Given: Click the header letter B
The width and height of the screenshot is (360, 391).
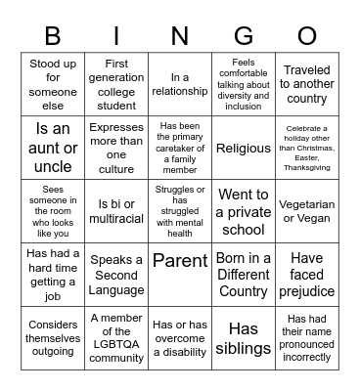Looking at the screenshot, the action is tap(53, 36).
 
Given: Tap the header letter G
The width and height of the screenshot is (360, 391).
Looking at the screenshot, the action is tap(244, 36).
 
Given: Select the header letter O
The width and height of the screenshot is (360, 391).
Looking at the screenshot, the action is tap(307, 36).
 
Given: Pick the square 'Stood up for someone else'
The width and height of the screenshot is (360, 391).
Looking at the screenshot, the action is tap(53, 84).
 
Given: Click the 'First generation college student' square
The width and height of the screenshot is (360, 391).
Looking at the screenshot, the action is tap(116, 84).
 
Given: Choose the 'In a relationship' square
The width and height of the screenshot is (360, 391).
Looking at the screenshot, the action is tap(180, 84).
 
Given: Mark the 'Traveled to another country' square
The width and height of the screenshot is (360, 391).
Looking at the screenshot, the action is tap(307, 84).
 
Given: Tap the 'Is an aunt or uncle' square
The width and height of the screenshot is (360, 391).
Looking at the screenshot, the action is tap(53, 149).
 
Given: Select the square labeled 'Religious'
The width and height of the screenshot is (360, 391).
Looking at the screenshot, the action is tap(244, 149).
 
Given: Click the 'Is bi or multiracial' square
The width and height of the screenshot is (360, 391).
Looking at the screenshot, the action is tap(116, 212).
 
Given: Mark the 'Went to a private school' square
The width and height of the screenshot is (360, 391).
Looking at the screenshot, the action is tap(244, 212).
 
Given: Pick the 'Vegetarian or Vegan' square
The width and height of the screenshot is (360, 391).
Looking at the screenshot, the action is tap(307, 212).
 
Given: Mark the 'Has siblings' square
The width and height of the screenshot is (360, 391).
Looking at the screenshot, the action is tap(244, 337).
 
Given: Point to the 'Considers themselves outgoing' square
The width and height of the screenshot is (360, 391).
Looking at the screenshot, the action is tap(53, 337).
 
